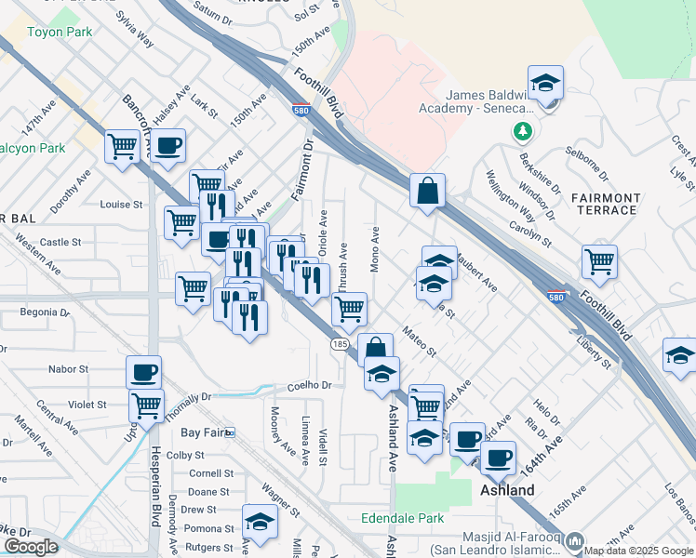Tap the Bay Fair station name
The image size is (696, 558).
(x=203, y=432)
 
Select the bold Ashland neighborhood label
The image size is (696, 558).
(x=507, y=490)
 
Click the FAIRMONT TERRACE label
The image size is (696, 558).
(x=606, y=205)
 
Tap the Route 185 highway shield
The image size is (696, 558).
(x=340, y=344)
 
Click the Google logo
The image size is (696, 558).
(x=30, y=547)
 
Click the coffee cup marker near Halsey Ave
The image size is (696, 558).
(x=167, y=146)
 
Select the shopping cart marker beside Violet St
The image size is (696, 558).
(x=147, y=405)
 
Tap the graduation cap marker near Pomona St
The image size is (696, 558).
(x=260, y=522)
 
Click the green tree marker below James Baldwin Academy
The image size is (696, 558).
(x=523, y=129)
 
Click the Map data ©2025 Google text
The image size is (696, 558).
(x=638, y=551)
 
